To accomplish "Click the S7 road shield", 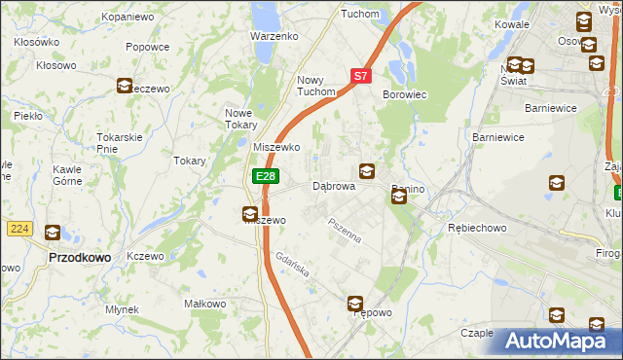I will click(x=360, y=75).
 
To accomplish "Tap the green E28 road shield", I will click(x=265, y=176).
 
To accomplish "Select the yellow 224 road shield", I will click(x=18, y=228).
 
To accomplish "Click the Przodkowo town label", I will click(x=79, y=258).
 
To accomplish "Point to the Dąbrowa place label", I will click(x=333, y=186).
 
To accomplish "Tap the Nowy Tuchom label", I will click(x=316, y=87).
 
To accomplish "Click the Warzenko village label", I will click(x=274, y=36).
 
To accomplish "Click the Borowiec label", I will click(x=405, y=94).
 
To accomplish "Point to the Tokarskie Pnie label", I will click(x=121, y=143).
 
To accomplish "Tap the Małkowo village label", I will click(x=205, y=304).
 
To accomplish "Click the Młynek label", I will click(x=123, y=309).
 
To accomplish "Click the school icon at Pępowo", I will click(x=355, y=304).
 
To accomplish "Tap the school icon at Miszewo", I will click(x=250, y=214).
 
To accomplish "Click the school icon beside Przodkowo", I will click(x=53, y=233).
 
